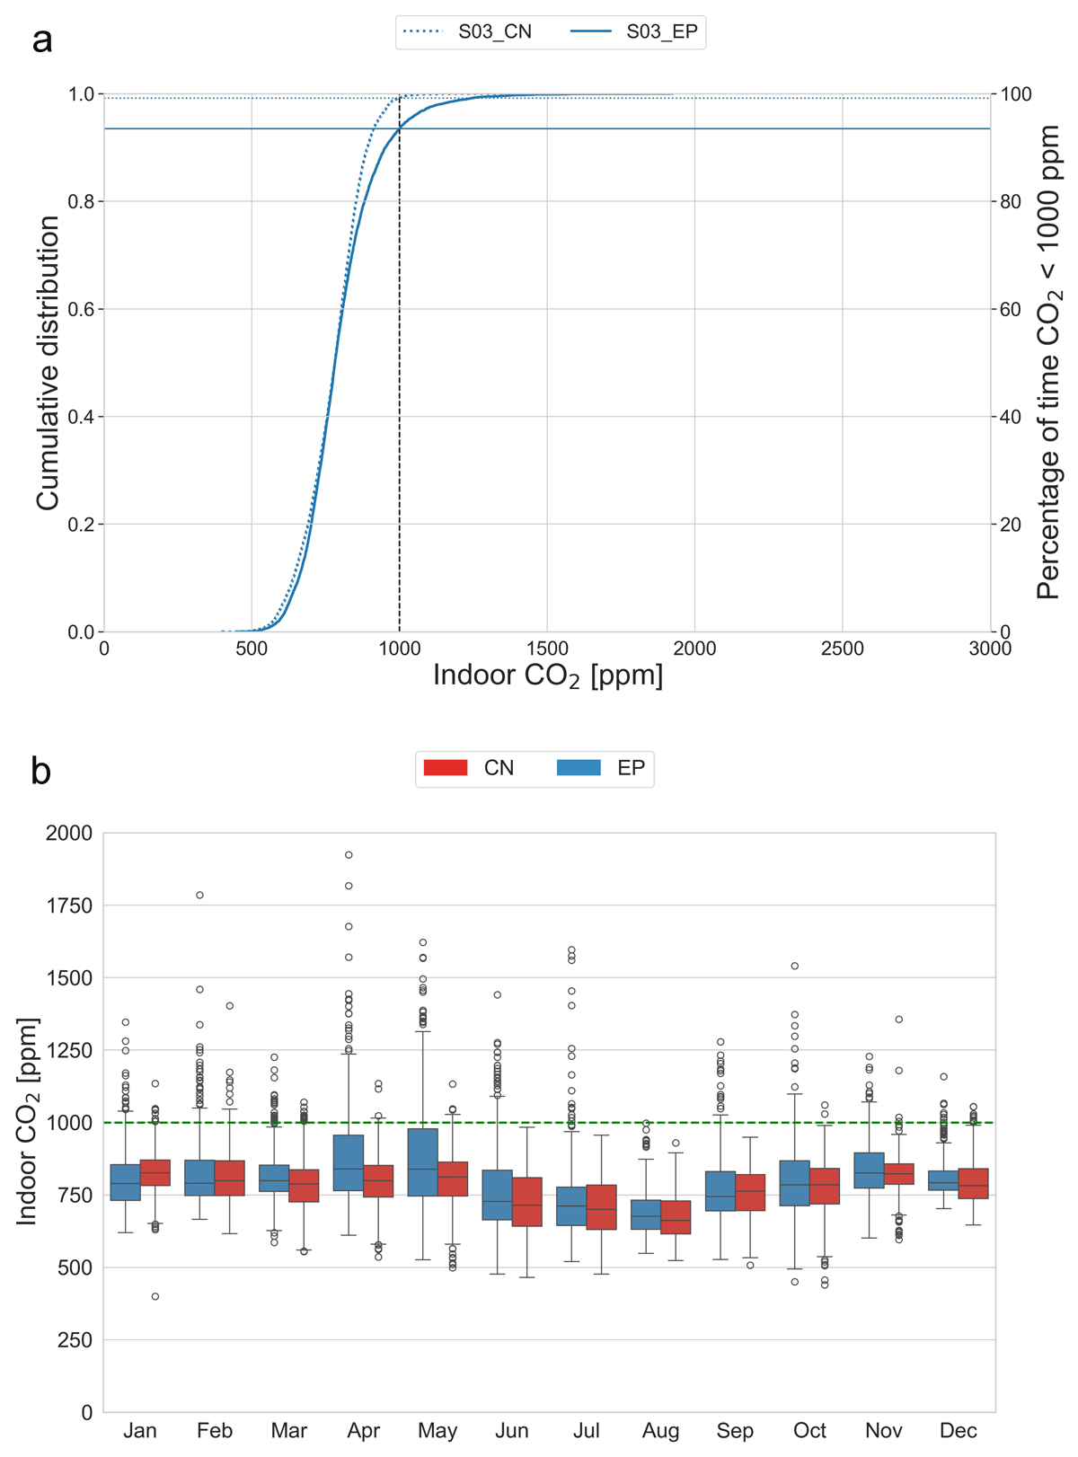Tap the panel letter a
click(41, 40)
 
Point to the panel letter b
click(40, 772)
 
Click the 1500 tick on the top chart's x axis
click(547, 649)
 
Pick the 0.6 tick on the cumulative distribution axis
click(81, 309)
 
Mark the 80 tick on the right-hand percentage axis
click(1011, 201)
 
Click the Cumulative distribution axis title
click(48, 363)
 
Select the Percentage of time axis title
click(1049, 363)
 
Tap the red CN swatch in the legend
click(446, 768)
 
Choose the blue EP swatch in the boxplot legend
click(579, 768)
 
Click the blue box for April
click(349, 1163)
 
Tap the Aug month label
click(660, 1430)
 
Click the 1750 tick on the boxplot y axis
click(69, 905)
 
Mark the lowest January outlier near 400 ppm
click(155, 1296)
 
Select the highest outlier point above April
click(349, 855)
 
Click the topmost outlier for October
click(795, 967)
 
